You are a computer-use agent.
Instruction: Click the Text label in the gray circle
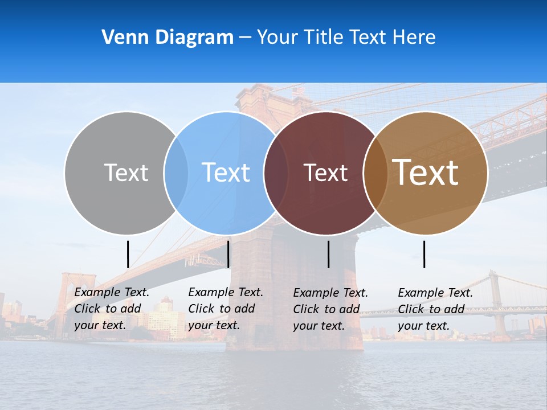(x=126, y=173)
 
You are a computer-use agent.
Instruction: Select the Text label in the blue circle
(x=226, y=173)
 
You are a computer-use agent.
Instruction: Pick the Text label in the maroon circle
(x=325, y=173)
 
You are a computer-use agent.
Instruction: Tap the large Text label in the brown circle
(x=426, y=173)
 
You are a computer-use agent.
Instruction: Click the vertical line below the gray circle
(x=128, y=254)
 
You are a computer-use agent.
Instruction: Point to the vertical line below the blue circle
(x=228, y=254)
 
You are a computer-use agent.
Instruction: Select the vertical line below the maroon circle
(x=328, y=254)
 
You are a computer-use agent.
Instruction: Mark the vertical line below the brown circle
(x=424, y=254)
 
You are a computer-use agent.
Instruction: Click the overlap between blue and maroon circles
(x=276, y=173)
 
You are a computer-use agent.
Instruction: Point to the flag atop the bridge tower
(x=299, y=91)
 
